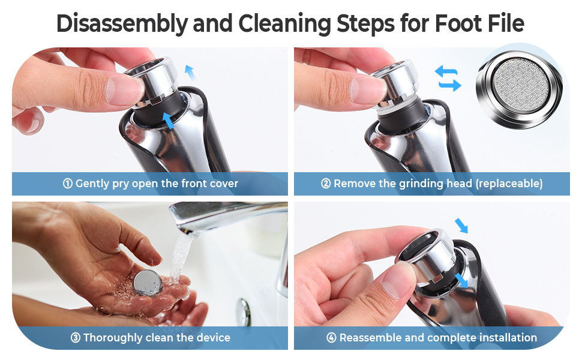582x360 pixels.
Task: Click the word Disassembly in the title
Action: (x=121, y=23)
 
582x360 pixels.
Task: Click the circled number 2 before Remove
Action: (x=326, y=184)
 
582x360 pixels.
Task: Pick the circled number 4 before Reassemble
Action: (x=331, y=338)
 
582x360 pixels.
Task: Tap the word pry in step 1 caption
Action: (x=122, y=184)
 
